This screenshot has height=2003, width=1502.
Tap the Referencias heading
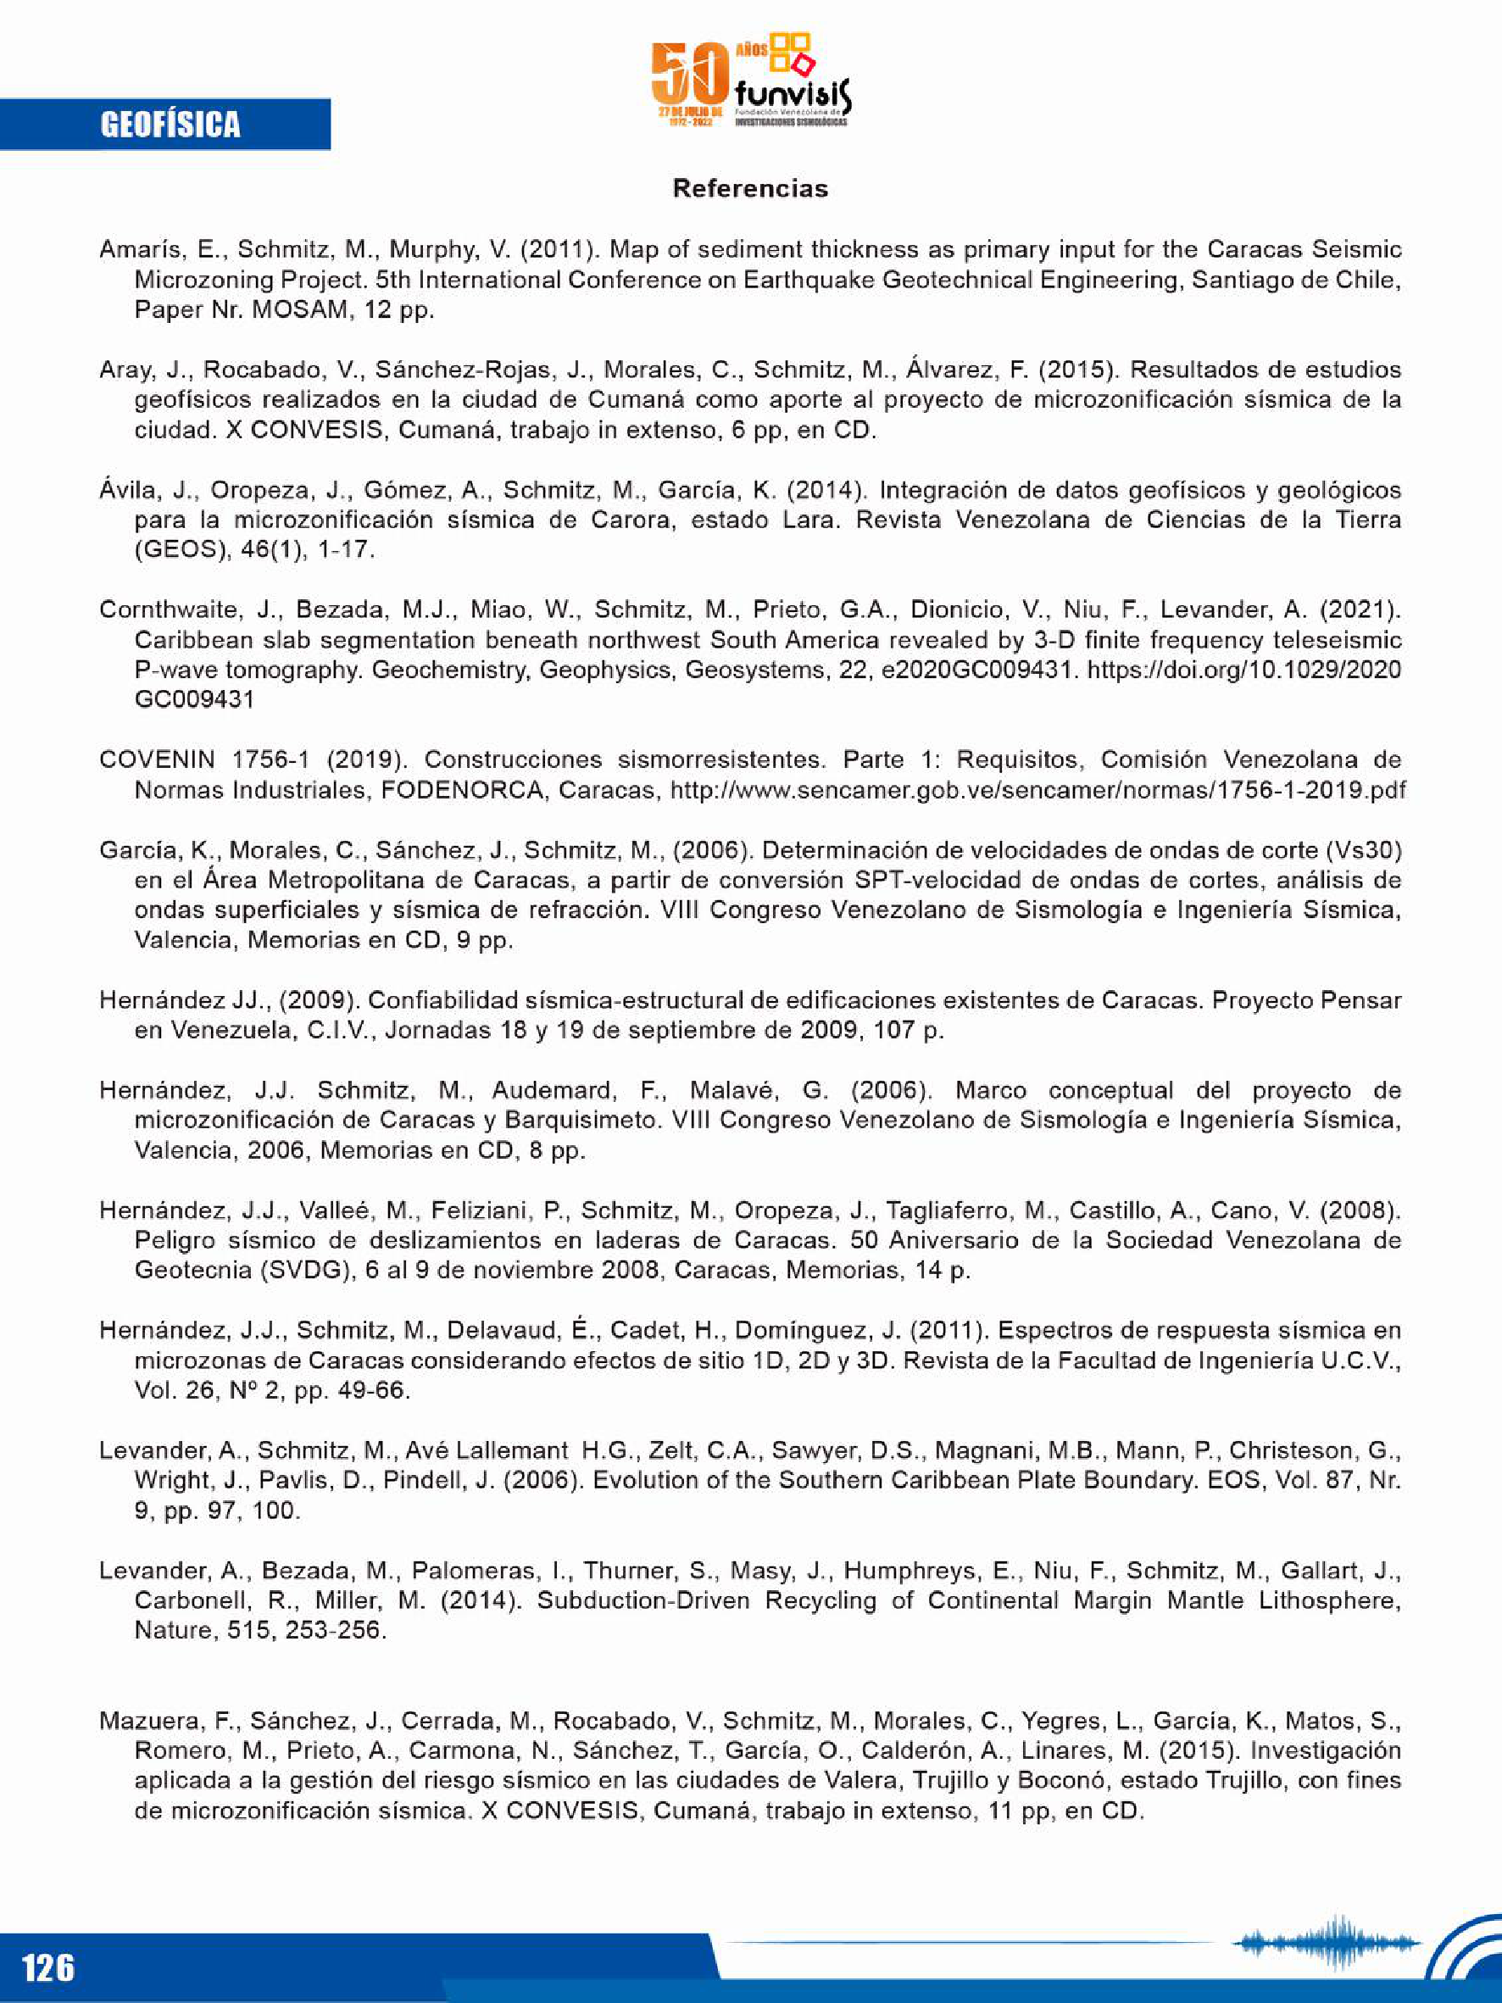click(x=749, y=188)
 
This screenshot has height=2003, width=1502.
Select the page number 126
click(x=48, y=1967)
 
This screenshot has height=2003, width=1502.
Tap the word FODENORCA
click(x=462, y=790)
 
